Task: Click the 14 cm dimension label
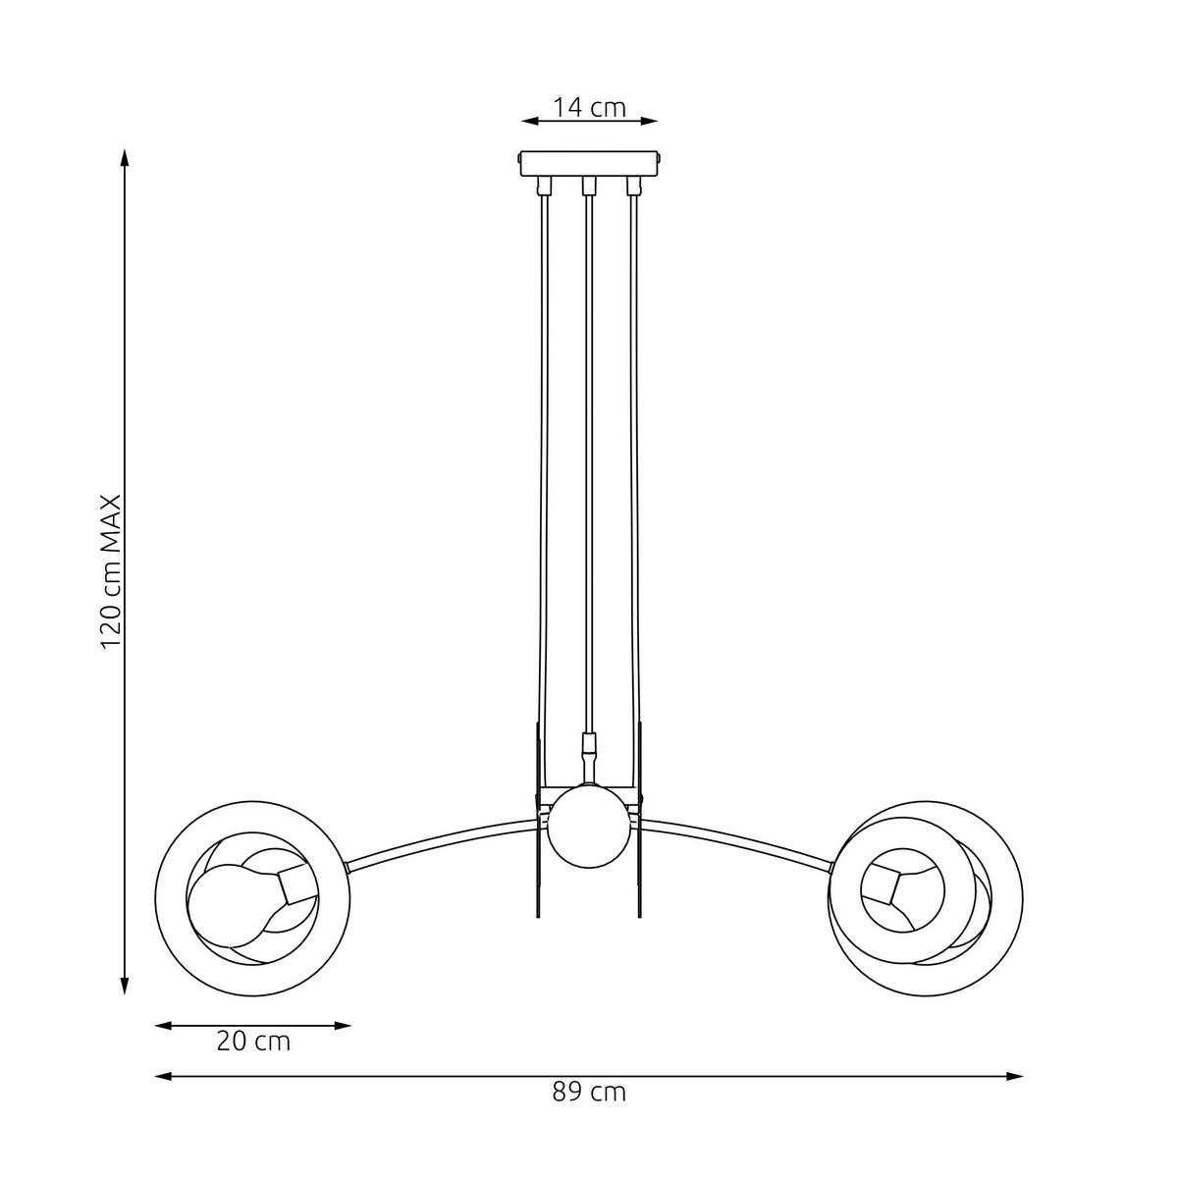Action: tap(588, 107)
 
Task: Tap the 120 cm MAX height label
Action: tap(111, 570)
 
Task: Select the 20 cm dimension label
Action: tap(253, 1041)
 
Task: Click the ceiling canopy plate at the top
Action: tap(589, 162)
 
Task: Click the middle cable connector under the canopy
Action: tap(589, 186)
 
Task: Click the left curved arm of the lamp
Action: tap(442, 836)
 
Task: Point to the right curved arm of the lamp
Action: tap(736, 836)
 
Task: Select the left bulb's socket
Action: tap(294, 886)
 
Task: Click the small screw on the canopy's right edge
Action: tap(660, 157)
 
